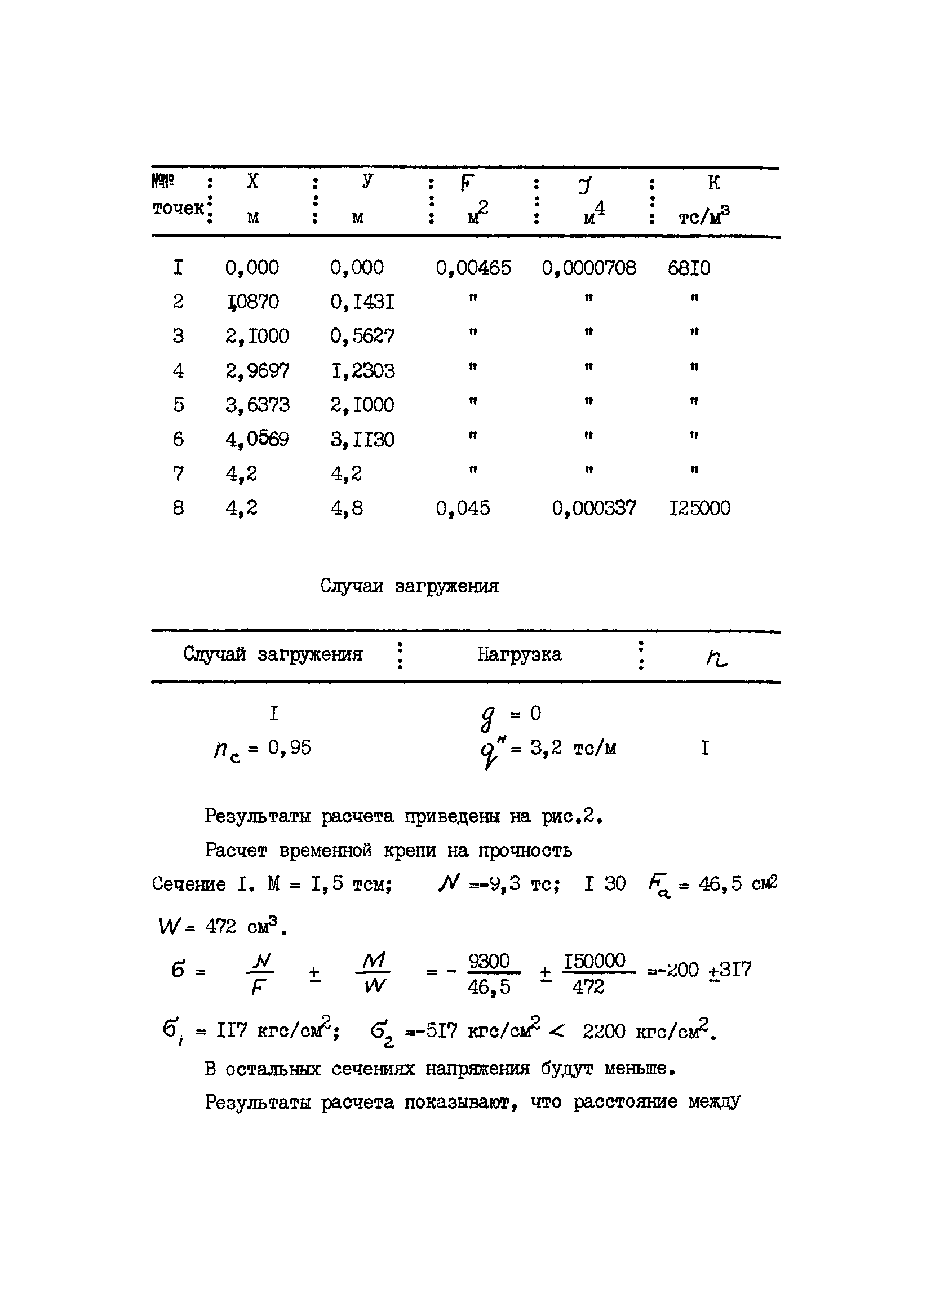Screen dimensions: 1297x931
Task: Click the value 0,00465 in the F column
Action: (x=473, y=268)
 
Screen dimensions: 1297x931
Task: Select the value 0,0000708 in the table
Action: (x=588, y=268)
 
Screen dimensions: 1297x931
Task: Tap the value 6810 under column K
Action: (x=689, y=268)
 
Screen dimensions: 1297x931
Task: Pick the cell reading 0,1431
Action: (x=362, y=302)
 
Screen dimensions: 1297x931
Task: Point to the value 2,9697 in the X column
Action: (x=257, y=370)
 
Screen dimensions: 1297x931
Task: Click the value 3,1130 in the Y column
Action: (x=362, y=439)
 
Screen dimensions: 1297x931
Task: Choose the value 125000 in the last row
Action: (x=699, y=508)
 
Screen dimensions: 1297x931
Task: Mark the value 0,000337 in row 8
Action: (x=593, y=508)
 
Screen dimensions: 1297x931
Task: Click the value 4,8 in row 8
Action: (x=347, y=508)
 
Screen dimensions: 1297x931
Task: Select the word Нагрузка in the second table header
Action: (x=519, y=654)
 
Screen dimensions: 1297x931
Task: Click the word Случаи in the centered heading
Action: (x=352, y=586)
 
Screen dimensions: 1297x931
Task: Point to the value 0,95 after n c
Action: (x=289, y=747)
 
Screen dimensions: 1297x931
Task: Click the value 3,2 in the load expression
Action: (x=546, y=747)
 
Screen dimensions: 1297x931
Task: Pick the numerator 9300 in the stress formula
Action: (x=489, y=962)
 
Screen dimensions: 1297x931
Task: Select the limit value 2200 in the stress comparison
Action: (x=604, y=1032)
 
